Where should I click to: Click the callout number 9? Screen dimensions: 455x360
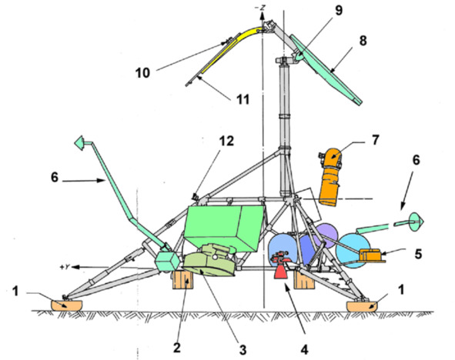click(x=339, y=11)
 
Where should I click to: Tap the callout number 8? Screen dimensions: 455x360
click(x=363, y=41)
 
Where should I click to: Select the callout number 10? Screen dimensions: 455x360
click(x=142, y=73)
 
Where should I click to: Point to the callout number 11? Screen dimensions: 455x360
click(x=243, y=99)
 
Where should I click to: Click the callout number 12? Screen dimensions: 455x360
click(x=226, y=142)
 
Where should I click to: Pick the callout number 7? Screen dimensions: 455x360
click(x=375, y=140)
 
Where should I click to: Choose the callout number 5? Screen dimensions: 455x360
click(x=418, y=254)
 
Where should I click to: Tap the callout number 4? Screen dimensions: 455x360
click(x=304, y=349)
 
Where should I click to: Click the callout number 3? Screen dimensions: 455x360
click(x=243, y=349)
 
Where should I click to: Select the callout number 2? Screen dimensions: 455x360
click(x=177, y=347)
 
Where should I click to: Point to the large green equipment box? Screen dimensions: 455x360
click(x=224, y=227)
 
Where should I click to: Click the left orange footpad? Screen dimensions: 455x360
click(x=67, y=305)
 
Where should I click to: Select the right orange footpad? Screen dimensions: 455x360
click(x=362, y=306)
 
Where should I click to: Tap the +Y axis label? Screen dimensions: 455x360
click(x=65, y=267)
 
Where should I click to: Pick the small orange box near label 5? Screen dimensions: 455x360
click(x=371, y=255)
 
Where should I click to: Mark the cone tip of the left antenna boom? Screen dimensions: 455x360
click(x=75, y=142)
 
